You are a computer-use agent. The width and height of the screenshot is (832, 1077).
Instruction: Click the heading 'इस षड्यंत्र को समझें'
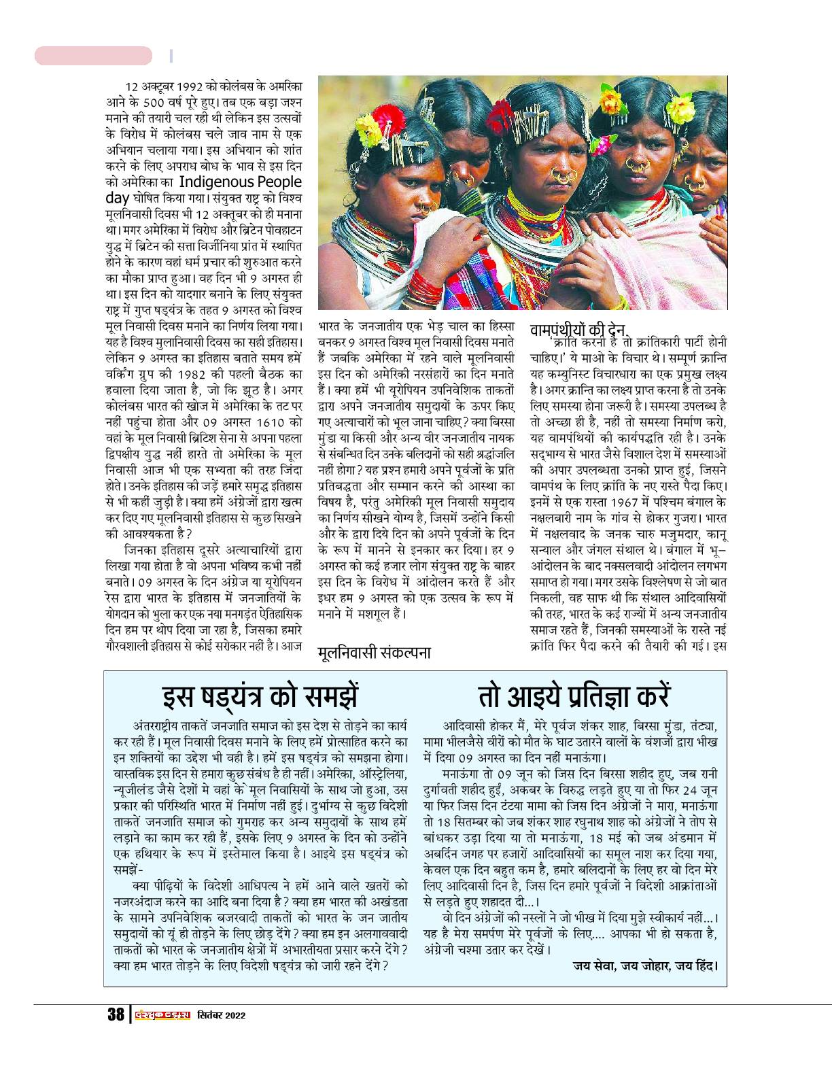[261, 698]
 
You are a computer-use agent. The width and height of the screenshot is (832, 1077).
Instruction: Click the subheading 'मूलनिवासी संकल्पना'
[374, 653]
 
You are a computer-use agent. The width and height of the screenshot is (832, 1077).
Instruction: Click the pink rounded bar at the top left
[93, 56]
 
